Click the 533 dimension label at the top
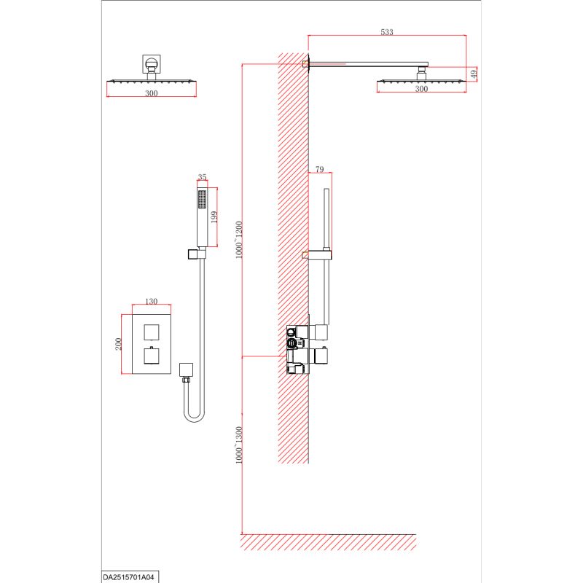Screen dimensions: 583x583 pos(387,32)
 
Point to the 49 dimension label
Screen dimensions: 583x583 pos(473,74)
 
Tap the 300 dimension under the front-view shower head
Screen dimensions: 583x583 pos(152,93)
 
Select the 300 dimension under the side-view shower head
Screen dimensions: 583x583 pos(421,89)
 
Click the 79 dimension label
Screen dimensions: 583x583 pos(319,169)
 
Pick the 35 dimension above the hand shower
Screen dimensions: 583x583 pos(202,177)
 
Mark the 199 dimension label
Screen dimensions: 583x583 pos(214,217)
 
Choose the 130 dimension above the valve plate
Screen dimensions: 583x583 pos(151,301)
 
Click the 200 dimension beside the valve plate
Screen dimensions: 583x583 pos(118,344)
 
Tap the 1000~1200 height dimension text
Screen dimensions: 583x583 pos(239,240)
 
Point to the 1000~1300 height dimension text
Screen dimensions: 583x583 pos(239,445)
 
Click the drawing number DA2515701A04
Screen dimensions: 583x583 pos(128,577)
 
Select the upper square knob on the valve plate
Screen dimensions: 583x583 pos(152,332)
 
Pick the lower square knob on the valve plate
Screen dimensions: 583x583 pos(152,356)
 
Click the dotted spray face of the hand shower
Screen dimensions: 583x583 pos(203,200)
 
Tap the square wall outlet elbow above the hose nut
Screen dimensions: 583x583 pos(186,370)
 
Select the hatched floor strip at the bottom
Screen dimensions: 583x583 pos(328,542)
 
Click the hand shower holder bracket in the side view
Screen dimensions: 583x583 pos(318,255)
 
